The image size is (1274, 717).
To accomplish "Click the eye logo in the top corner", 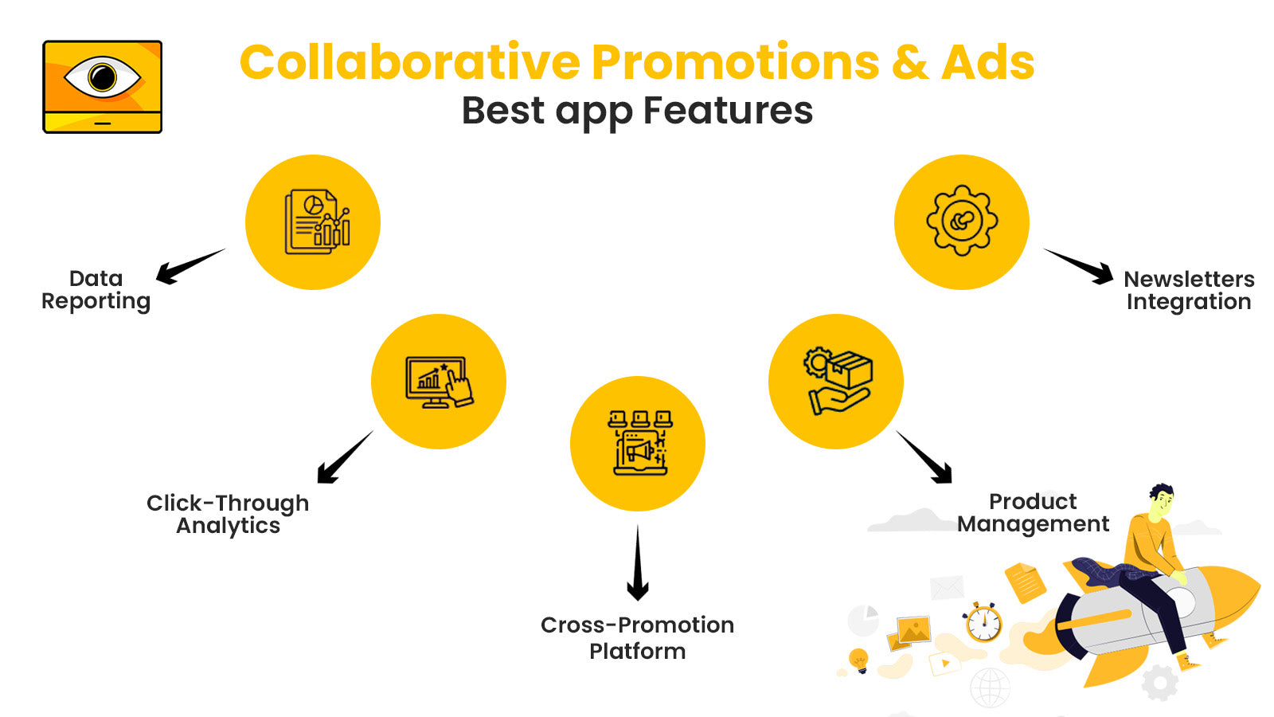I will [x=102, y=86].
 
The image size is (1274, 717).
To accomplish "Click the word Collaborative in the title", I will [x=410, y=62].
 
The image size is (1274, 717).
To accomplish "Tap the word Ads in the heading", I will [x=987, y=62].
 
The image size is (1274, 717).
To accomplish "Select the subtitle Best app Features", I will [x=637, y=111].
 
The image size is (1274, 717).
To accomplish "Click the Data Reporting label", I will [x=96, y=290].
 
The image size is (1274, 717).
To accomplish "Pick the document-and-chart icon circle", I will [x=313, y=222].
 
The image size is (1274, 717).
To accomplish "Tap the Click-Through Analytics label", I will [x=228, y=515].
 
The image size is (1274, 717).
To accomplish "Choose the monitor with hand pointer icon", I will [x=439, y=382].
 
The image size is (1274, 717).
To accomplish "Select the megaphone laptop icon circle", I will [x=638, y=444].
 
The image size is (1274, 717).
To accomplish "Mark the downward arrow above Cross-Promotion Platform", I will [x=637, y=564].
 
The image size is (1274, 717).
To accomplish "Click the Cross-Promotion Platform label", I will [x=637, y=637].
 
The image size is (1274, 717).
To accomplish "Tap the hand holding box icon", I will [x=836, y=382].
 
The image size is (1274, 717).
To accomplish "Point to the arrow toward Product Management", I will [x=925, y=458].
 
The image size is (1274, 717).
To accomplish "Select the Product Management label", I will [x=1033, y=513].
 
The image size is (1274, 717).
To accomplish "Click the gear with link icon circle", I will [x=962, y=221].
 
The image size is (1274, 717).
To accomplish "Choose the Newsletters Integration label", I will [x=1189, y=291].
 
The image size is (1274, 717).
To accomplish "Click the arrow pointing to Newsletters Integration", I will [x=1081, y=265].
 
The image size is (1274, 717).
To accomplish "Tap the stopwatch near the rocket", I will [x=983, y=622].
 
